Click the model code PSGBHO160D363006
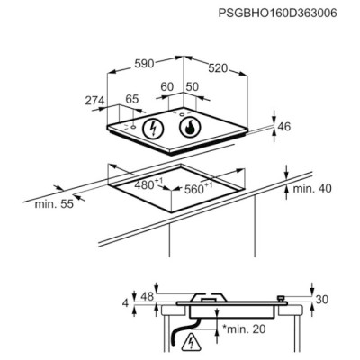[x=277, y=13]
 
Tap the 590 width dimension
[x=144, y=64]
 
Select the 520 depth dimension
[x=218, y=68]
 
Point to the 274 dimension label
[x=94, y=101]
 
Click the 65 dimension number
[x=132, y=99]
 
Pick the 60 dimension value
[x=167, y=87]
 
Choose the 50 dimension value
[x=193, y=87]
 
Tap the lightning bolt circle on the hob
[x=153, y=129]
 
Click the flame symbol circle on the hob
[x=190, y=128]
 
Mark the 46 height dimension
[x=284, y=127]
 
